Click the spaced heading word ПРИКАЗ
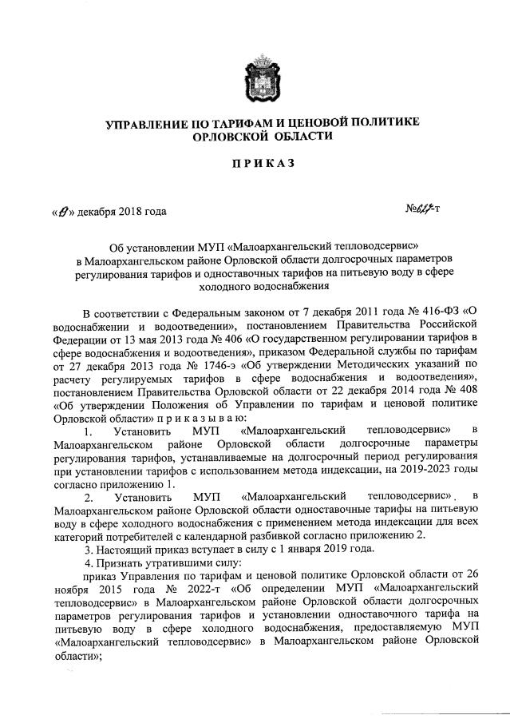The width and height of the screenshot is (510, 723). point(262,164)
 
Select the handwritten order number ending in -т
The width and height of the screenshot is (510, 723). point(425,210)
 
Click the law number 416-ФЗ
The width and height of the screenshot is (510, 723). point(434,310)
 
